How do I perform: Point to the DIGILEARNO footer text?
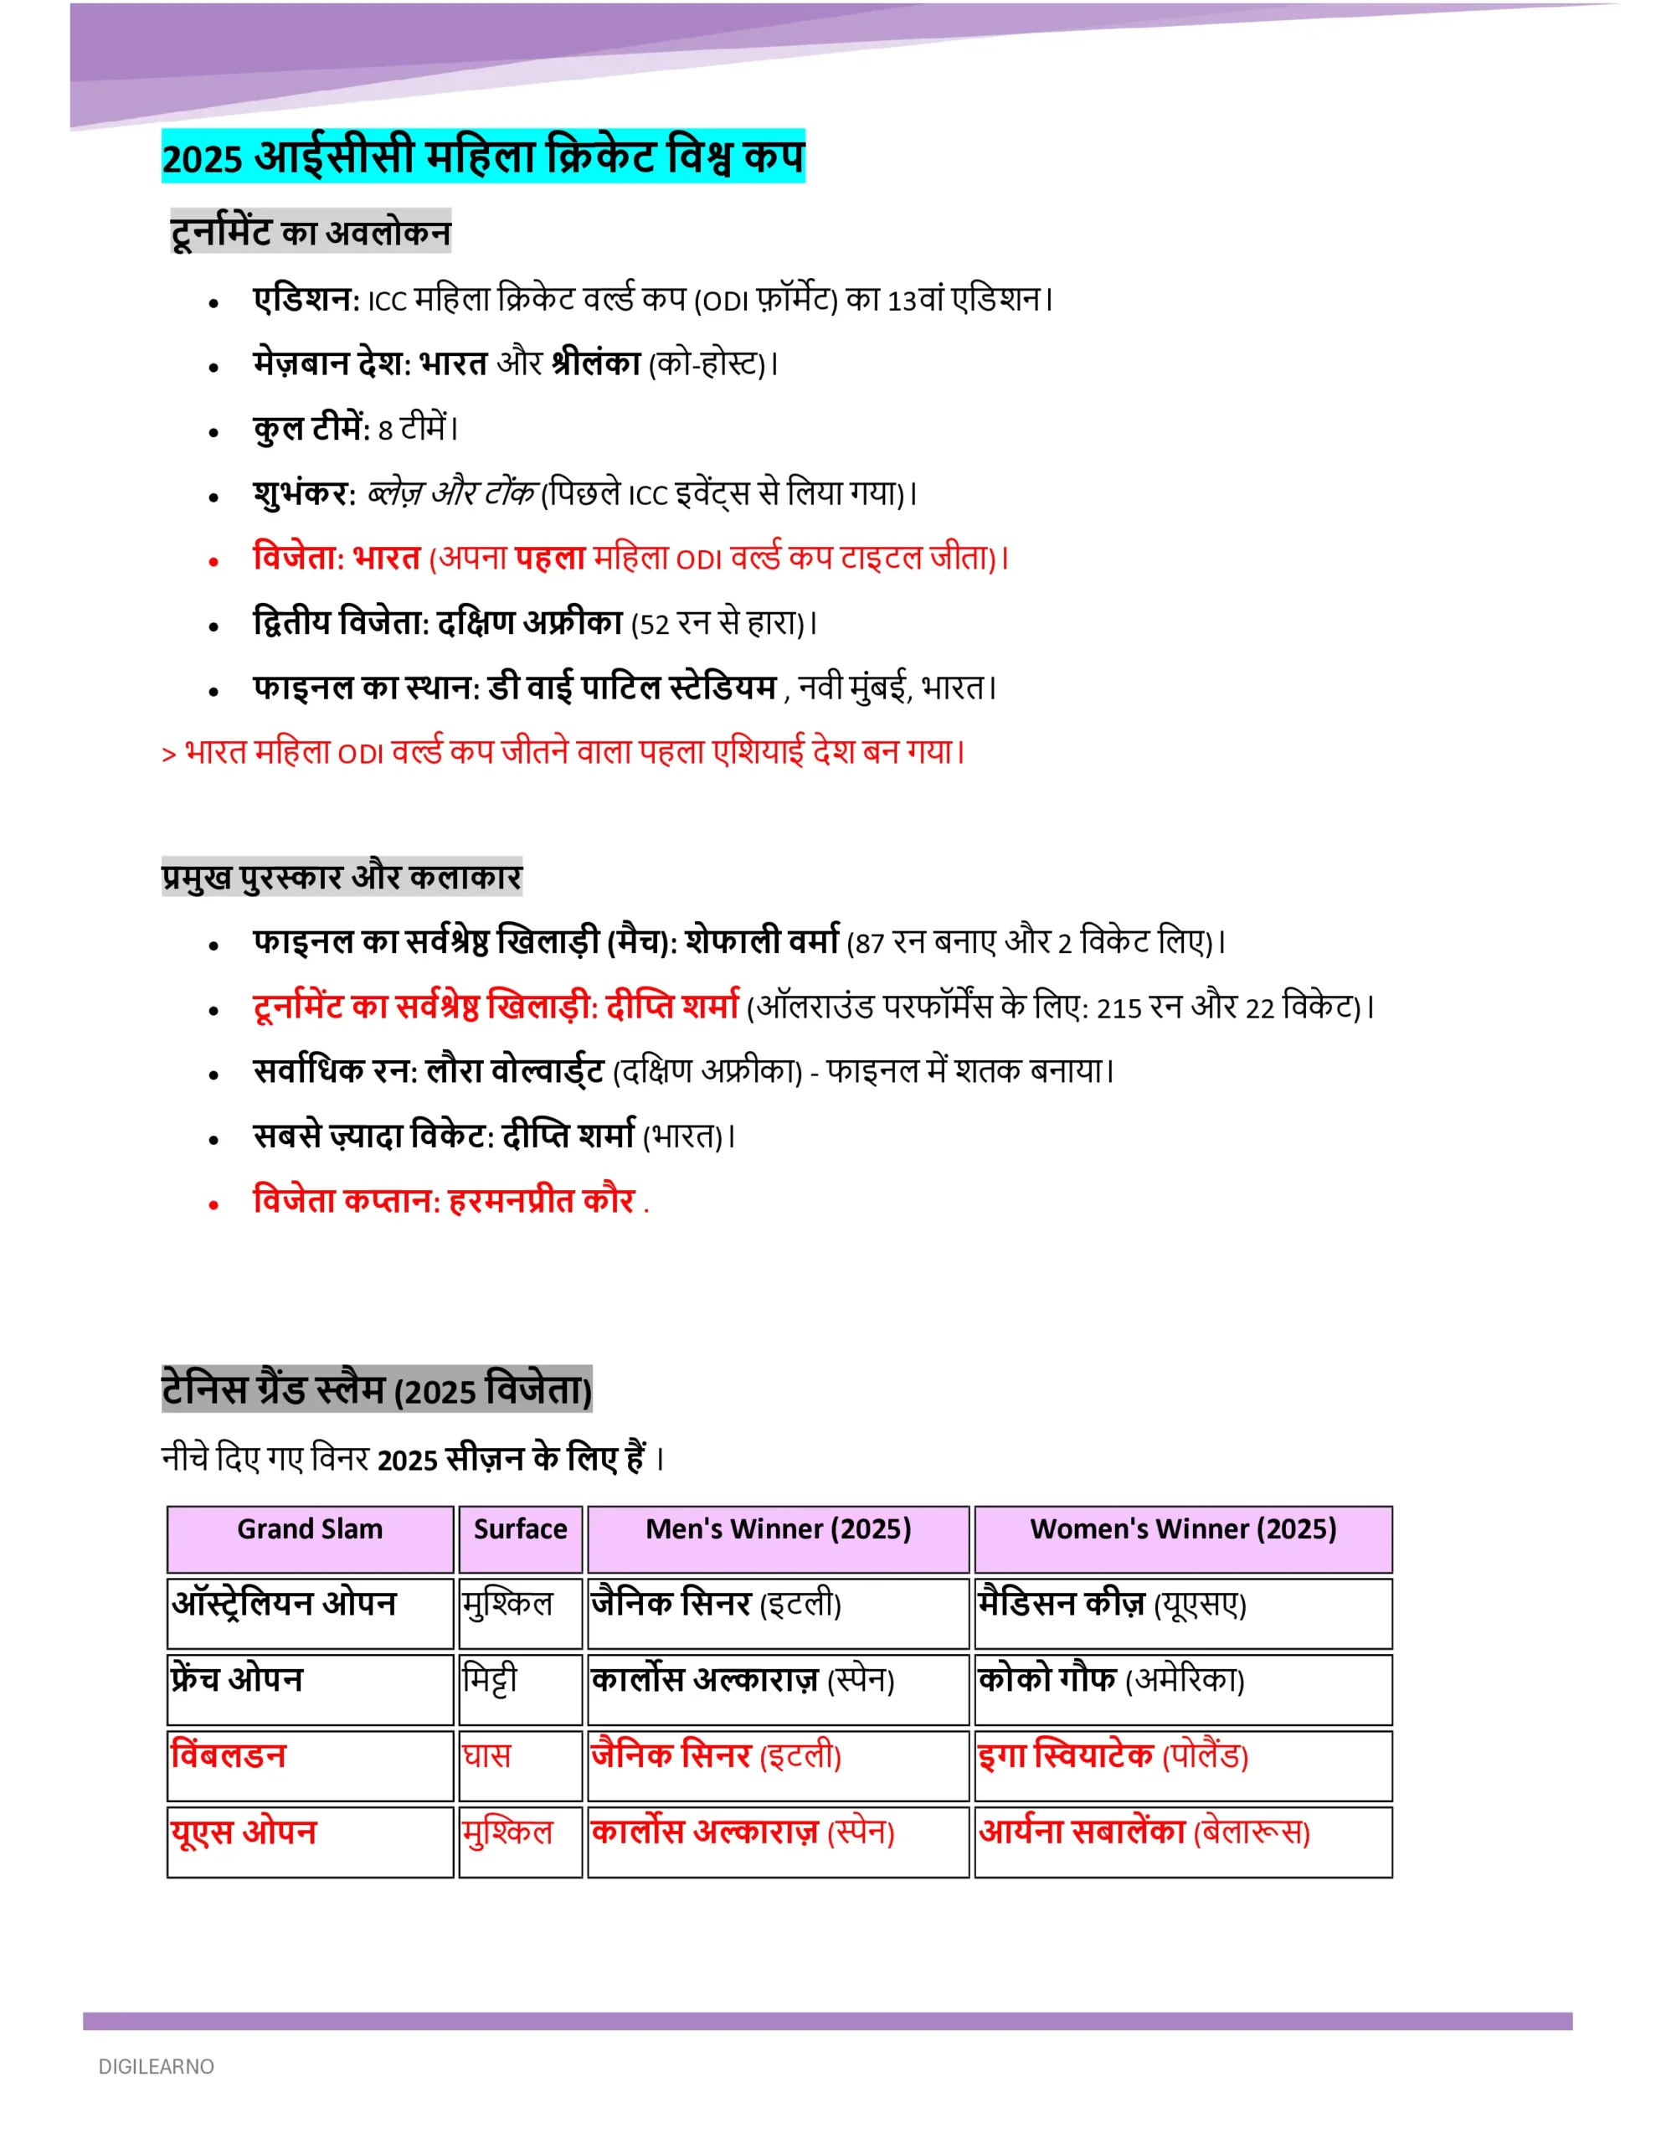click(x=156, y=2066)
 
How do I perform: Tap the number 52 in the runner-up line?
click(x=654, y=626)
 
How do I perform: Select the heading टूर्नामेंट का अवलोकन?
click(x=311, y=233)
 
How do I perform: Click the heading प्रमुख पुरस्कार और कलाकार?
click(x=342, y=877)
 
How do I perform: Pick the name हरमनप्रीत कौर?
click(x=542, y=1201)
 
